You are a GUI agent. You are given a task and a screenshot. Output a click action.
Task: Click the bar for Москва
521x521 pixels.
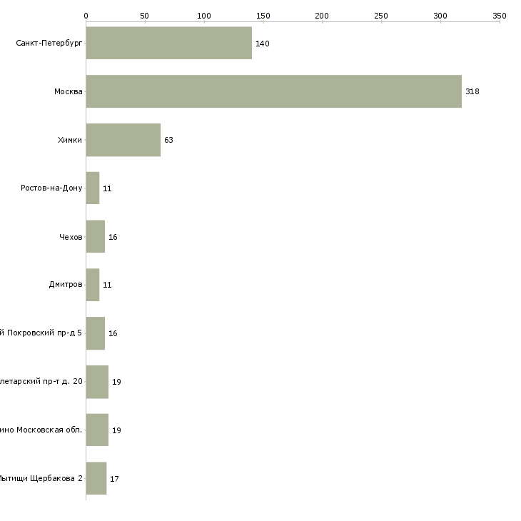pyautogui.click(x=273, y=91)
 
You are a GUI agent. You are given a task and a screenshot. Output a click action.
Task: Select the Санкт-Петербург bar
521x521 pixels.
pyautogui.click(x=168, y=44)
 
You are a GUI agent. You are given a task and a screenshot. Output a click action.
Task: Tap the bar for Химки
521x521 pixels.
pyautogui.click(x=123, y=140)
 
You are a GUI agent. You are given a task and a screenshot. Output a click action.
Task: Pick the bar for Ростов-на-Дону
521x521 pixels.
pyautogui.click(x=93, y=188)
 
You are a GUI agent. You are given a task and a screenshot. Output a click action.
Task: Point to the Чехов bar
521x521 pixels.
pyautogui.click(x=96, y=237)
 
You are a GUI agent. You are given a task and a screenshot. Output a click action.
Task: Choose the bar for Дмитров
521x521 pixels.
pyautogui.click(x=93, y=285)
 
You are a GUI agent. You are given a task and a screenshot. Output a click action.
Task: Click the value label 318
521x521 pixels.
pyautogui.click(x=472, y=92)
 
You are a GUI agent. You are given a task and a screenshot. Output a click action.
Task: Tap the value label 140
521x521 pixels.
pyautogui.click(x=262, y=44)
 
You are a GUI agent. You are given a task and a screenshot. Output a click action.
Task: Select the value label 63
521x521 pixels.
pyautogui.click(x=168, y=141)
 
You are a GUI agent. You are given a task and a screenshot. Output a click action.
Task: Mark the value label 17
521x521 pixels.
pyautogui.click(x=114, y=479)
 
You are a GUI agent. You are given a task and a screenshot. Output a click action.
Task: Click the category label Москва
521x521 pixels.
pyautogui.click(x=69, y=92)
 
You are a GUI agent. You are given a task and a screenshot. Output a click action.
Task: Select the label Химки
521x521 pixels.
pyautogui.click(x=70, y=141)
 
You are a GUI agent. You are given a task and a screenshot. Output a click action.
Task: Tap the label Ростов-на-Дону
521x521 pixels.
pyautogui.click(x=51, y=188)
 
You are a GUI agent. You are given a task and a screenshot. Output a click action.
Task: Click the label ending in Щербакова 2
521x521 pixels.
pyautogui.click(x=41, y=479)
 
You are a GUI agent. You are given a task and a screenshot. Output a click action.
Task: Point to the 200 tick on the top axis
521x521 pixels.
pyautogui.click(x=322, y=16)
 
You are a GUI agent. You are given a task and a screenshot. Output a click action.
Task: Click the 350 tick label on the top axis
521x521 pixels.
pyautogui.click(x=499, y=16)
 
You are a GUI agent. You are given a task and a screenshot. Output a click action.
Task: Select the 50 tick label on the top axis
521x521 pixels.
pyautogui.click(x=145, y=16)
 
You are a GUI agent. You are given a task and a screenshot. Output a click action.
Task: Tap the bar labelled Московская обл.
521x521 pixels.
pyautogui.click(x=97, y=430)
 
